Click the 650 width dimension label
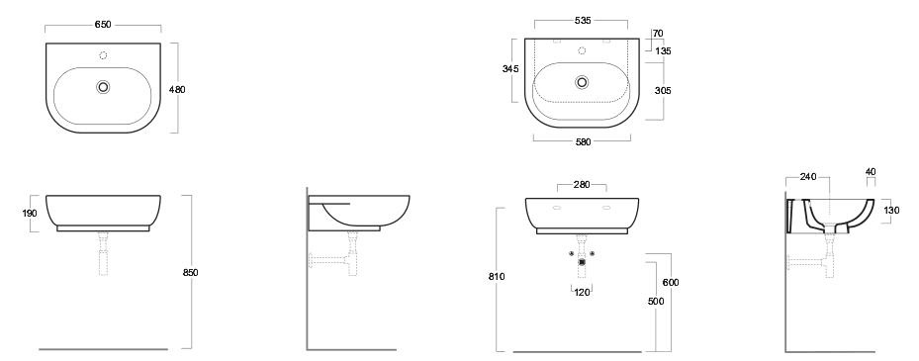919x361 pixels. click(103, 25)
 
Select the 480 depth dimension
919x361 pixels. click(177, 90)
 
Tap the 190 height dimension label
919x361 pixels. click(30, 214)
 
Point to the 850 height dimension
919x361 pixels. click(191, 273)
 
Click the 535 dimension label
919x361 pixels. click(583, 21)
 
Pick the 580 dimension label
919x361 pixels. click(584, 141)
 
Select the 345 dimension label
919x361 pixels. click(510, 69)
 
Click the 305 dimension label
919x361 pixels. click(663, 91)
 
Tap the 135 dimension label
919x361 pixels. click(663, 51)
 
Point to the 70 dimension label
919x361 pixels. click(658, 34)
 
